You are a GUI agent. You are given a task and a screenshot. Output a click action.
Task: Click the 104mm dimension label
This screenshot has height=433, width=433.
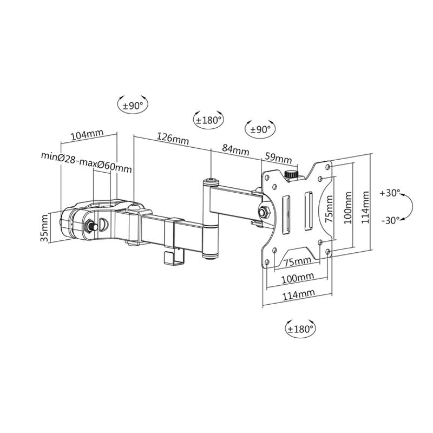click(x=87, y=135)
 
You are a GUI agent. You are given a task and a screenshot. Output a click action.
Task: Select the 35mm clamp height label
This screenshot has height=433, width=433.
click(x=45, y=228)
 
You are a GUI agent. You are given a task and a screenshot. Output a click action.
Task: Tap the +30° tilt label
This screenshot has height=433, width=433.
click(x=390, y=193)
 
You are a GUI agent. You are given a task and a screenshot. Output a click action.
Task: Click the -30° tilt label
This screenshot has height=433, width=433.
click(x=390, y=220)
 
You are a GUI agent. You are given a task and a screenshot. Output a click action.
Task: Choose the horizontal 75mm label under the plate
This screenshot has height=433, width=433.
click(x=297, y=262)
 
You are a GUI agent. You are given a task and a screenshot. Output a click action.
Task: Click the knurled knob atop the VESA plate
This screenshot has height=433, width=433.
click(x=291, y=175)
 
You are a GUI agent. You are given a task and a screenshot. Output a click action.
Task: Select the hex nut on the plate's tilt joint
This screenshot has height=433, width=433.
click(x=265, y=211)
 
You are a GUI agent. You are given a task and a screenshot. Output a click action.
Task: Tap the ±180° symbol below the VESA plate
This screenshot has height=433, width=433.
click(x=301, y=329)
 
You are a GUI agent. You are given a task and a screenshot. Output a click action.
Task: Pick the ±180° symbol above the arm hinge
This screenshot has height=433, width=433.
click(x=209, y=120)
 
